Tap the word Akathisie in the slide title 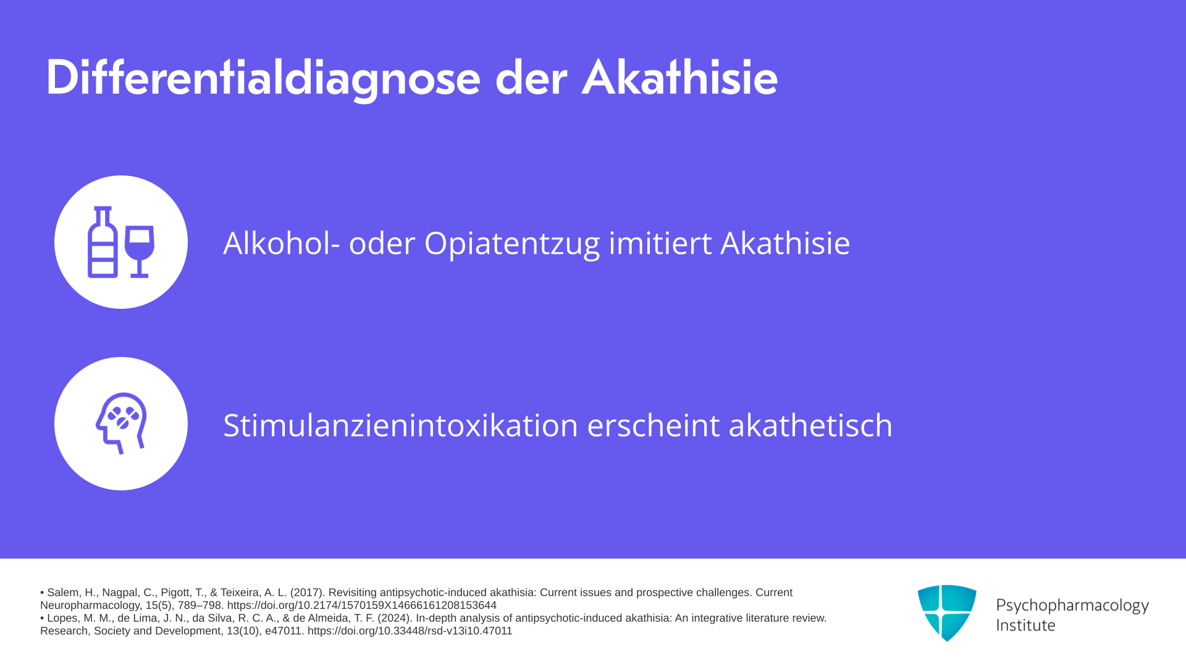(679, 78)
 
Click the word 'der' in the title (531, 78)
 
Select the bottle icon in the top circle (103, 242)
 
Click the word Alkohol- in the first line (282, 243)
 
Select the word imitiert (660, 243)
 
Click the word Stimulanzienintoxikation (401, 425)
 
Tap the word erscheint (654, 425)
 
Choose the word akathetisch (810, 425)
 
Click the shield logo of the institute (947, 613)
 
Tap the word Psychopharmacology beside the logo (1072, 605)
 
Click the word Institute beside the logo (1025, 625)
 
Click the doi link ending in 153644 (362, 605)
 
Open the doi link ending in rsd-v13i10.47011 (410, 631)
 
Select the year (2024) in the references (395, 618)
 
